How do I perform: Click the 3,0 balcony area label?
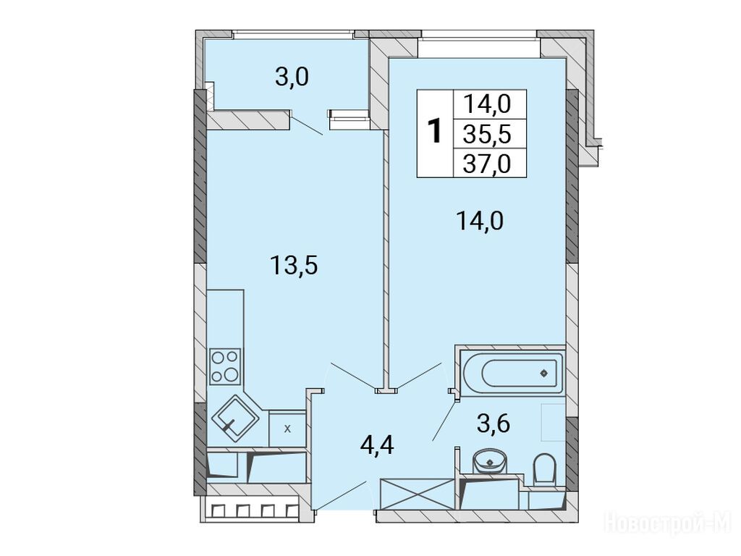pos(292,77)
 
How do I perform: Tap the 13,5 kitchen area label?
pos(294,266)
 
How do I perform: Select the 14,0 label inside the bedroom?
pos(480,221)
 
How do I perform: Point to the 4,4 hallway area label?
pos(376,445)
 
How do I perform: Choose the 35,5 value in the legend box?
pos(487,135)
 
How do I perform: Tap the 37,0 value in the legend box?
pos(487,164)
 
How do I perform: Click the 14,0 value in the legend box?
pos(487,104)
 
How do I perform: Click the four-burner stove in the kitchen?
pos(225,366)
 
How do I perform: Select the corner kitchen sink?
pos(234,419)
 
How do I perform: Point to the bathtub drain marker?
pos(544,374)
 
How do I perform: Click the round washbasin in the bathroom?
pos(490,460)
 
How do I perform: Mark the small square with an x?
pos(287,429)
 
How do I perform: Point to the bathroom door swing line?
pos(444,421)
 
